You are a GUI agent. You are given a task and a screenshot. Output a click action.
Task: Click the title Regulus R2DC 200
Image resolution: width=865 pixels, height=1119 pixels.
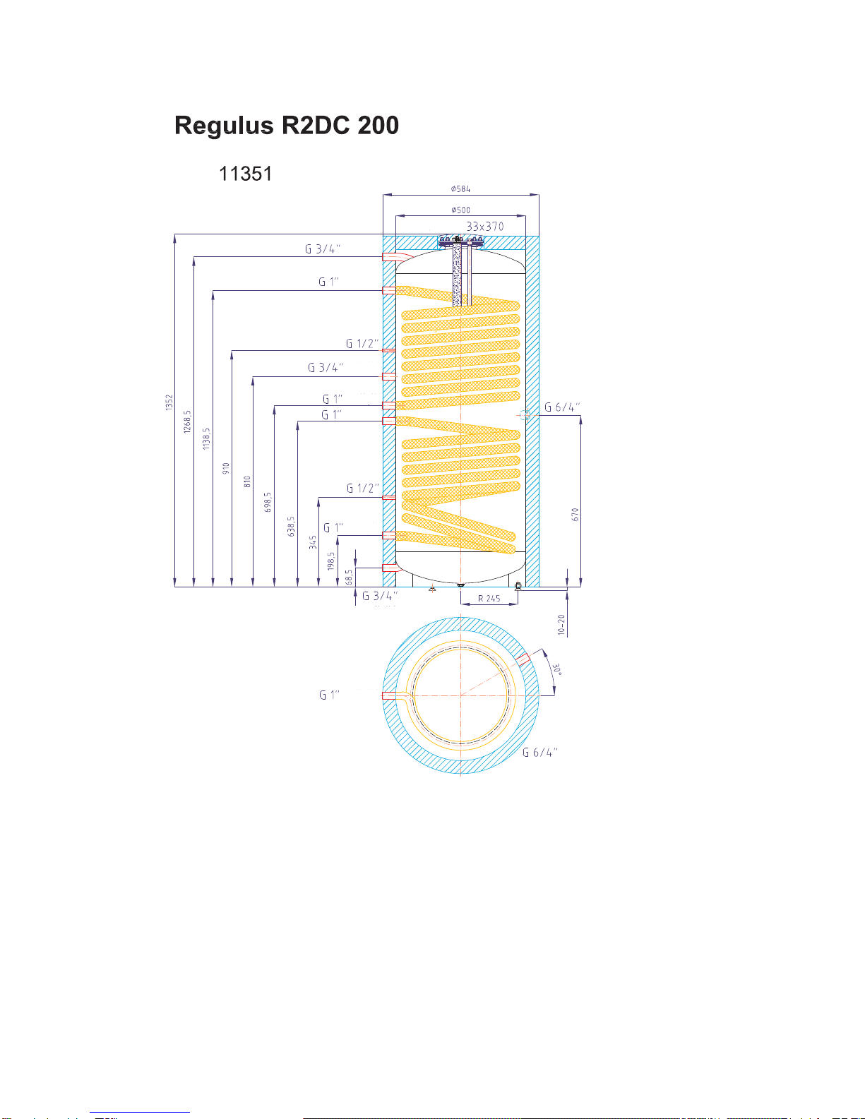[286, 126]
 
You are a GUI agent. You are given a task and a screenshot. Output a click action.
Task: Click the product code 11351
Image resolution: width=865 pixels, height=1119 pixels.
[246, 174]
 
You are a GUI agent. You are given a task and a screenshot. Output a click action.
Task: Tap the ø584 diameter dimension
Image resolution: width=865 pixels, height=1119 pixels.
[460, 189]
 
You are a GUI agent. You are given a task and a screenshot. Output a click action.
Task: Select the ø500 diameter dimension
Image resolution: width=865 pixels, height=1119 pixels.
[460, 210]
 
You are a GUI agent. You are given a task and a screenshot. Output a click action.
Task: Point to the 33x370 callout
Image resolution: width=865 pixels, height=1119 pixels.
[485, 227]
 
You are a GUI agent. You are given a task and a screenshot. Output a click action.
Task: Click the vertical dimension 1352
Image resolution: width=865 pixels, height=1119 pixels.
[169, 402]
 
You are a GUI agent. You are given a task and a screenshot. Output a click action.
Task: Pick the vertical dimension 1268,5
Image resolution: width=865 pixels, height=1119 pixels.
[187, 421]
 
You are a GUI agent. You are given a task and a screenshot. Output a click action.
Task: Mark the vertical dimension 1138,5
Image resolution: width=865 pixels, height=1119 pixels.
[206, 438]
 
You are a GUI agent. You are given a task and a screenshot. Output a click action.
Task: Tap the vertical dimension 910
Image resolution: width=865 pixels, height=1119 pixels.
[225, 469]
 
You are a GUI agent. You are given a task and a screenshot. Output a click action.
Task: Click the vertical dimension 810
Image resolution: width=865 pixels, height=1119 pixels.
[247, 482]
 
